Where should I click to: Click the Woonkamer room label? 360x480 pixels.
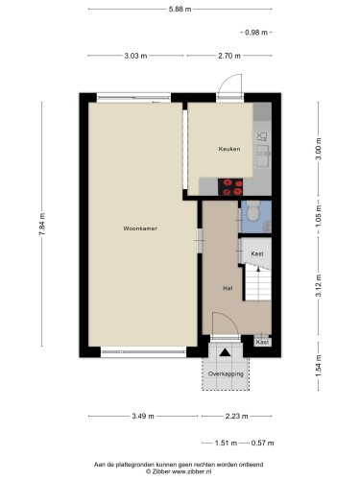[140, 228]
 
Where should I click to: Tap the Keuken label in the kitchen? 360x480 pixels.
[229, 149]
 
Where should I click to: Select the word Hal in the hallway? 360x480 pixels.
[228, 288]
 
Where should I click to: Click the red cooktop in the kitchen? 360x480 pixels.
[230, 187]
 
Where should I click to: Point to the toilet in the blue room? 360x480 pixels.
[252, 211]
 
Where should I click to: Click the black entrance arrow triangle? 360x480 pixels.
[225, 352]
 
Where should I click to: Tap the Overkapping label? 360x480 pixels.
[226, 373]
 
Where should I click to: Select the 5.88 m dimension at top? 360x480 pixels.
[180, 10]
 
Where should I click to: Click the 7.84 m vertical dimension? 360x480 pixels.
[42, 224]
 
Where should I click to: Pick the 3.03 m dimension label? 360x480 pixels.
[135, 56]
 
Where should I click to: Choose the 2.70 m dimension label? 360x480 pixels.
[229, 56]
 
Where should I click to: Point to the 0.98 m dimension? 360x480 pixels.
[256, 33]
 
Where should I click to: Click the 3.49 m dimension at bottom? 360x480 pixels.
[143, 416]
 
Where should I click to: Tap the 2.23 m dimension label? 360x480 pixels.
[237, 416]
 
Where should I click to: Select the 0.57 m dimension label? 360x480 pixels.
[262, 443]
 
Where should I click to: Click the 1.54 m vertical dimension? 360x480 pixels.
[319, 366]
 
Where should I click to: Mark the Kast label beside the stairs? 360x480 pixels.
[257, 253]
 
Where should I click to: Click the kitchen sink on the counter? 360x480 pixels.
[263, 156]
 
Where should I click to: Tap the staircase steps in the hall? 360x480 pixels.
[258, 285]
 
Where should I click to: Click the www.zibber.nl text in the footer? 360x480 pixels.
[192, 471]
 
